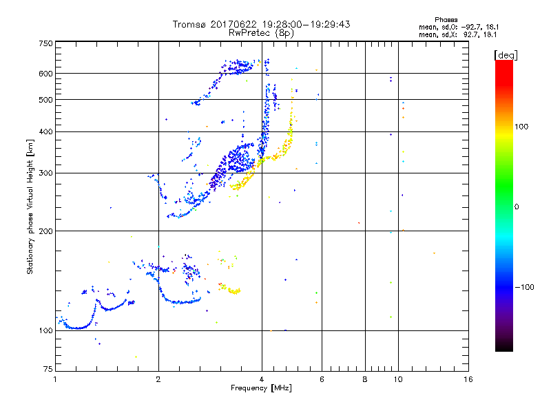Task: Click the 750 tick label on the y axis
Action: coord(46,43)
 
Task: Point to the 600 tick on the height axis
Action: coord(46,73)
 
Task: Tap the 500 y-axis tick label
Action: coord(46,99)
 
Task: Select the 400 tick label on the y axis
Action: coord(46,131)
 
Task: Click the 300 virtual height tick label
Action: coord(46,173)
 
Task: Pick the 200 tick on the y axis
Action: coord(46,231)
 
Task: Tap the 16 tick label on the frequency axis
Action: coord(467,379)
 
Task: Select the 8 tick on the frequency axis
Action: coord(365,379)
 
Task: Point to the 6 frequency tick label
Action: coord(322,379)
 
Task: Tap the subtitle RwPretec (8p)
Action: coord(262,32)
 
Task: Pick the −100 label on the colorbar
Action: coord(526,287)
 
